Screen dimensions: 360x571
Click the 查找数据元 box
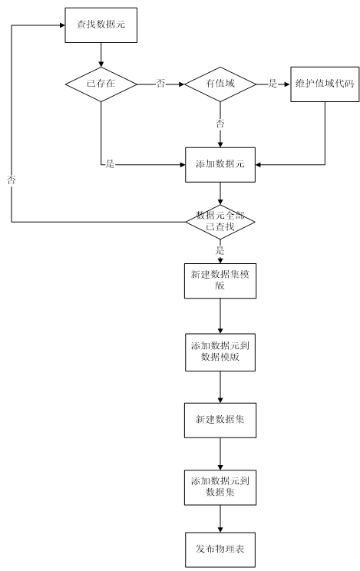point(101,25)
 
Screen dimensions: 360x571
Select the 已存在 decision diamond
point(101,84)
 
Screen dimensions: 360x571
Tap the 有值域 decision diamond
point(220,84)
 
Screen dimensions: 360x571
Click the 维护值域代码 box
point(325,84)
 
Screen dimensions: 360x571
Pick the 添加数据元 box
point(220,164)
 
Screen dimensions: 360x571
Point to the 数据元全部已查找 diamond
point(220,222)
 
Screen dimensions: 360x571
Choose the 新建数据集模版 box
point(220,281)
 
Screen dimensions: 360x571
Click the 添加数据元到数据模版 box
point(220,352)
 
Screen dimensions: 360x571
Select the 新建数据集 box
point(220,421)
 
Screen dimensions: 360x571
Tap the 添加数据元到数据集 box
point(220,487)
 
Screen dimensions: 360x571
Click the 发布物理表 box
point(220,550)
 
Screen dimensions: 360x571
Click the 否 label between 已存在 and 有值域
point(160,84)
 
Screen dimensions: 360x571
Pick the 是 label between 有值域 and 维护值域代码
point(273,84)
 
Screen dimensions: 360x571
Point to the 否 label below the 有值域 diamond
point(220,124)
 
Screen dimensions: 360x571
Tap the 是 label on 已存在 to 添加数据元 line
point(110,164)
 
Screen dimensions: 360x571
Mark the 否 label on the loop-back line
point(12,180)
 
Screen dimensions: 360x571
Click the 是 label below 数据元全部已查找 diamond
point(220,250)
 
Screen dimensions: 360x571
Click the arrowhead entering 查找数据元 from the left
point(62,25)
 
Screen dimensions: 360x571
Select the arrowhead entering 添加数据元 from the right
point(259,164)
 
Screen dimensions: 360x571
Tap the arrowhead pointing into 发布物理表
point(220,529)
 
